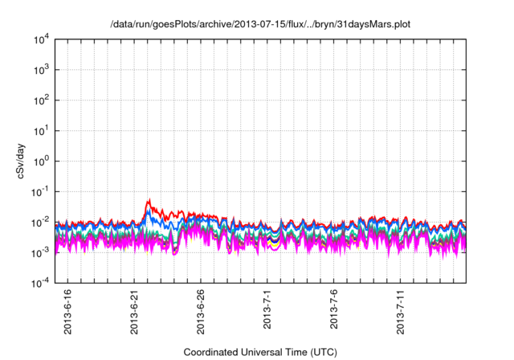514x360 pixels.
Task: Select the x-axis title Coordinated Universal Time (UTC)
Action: (259, 352)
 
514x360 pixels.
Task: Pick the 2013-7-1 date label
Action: (267, 309)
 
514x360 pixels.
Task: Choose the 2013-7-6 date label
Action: (334, 309)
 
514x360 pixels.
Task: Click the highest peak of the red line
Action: (149, 200)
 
